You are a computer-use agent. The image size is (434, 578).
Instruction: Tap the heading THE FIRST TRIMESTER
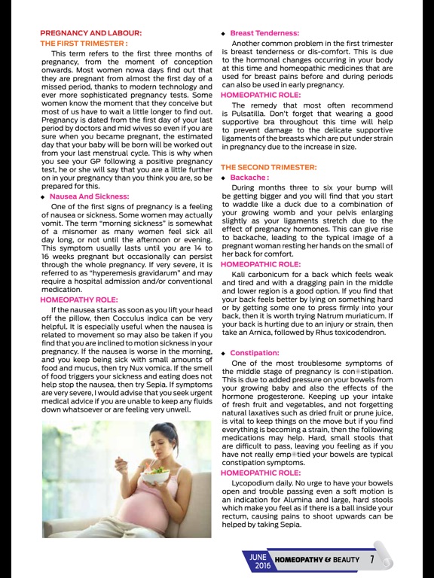pos(84,44)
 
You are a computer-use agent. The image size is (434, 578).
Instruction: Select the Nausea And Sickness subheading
pos(90,196)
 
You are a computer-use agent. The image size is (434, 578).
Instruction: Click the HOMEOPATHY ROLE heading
pos(78,300)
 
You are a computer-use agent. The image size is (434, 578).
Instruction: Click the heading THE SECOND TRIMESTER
pos(268,166)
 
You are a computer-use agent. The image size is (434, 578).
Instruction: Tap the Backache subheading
pos(250,178)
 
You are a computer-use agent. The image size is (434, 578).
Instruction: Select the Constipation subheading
pos(256,352)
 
